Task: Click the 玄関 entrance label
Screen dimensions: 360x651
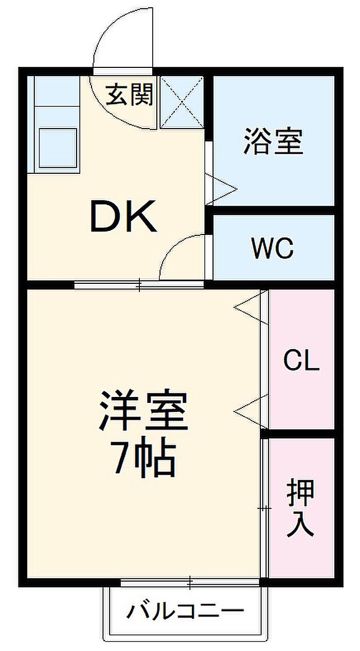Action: tap(129, 95)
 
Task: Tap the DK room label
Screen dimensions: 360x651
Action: tap(123, 216)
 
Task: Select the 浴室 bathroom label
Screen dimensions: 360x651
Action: tap(273, 141)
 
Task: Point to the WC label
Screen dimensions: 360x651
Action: tap(273, 248)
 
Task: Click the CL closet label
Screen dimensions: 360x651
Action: tap(301, 360)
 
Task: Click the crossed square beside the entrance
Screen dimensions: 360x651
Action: tap(182, 102)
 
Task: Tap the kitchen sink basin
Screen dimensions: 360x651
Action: tap(58, 148)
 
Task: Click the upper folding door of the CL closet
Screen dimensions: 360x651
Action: tap(252, 307)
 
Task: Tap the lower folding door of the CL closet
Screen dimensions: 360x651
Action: tap(252, 411)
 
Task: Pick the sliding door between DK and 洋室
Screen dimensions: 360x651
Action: tap(139, 284)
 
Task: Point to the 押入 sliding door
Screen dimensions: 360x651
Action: tap(264, 508)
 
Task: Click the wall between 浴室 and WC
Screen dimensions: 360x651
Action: tap(274, 210)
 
